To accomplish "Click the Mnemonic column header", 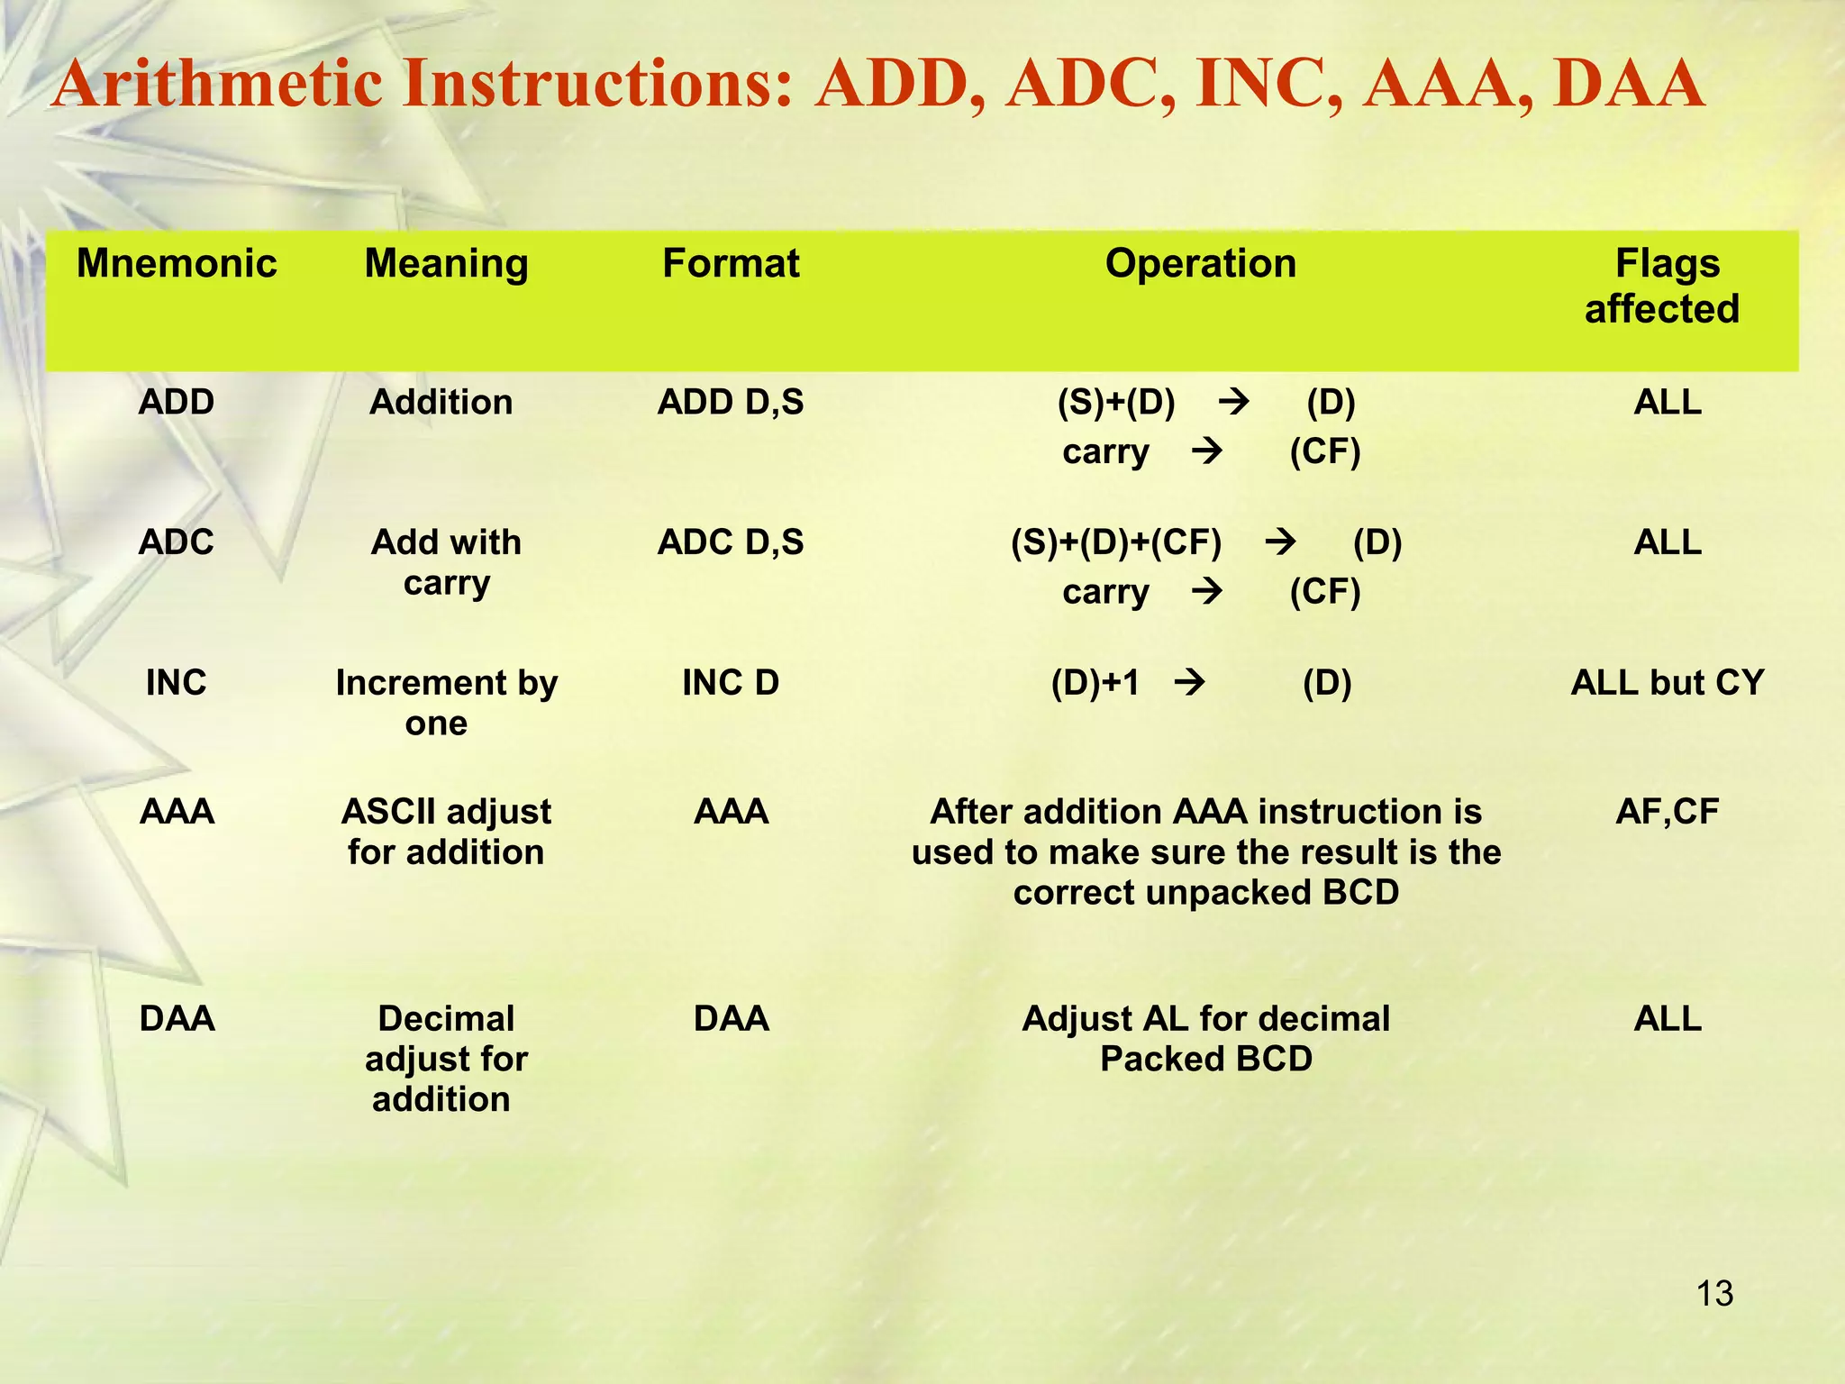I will pos(177,264).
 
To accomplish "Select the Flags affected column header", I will pos(1666,287).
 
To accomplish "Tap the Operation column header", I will pos(1200,264).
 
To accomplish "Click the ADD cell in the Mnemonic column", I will pos(177,402).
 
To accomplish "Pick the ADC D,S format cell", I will pos(731,542).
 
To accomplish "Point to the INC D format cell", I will pos(731,683).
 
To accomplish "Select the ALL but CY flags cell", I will pos(1667,683).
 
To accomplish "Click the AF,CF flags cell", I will pos(1667,812).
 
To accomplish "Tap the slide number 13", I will pos(1714,1294).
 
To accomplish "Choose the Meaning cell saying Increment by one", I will pos(446,703).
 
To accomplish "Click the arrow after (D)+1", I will pos(1189,683).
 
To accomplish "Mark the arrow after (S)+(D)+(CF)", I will pos(1280,542).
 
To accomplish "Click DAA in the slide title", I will pos(1629,86).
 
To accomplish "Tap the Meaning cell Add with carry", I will pos(446,562).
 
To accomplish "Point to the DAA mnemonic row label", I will pos(177,1019).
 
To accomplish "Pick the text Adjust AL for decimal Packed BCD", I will pos(1205,1039).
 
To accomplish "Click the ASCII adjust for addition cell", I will pos(446,832).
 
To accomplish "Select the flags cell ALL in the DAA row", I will pos(1667,1019).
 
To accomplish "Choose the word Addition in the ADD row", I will pos(441,402).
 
